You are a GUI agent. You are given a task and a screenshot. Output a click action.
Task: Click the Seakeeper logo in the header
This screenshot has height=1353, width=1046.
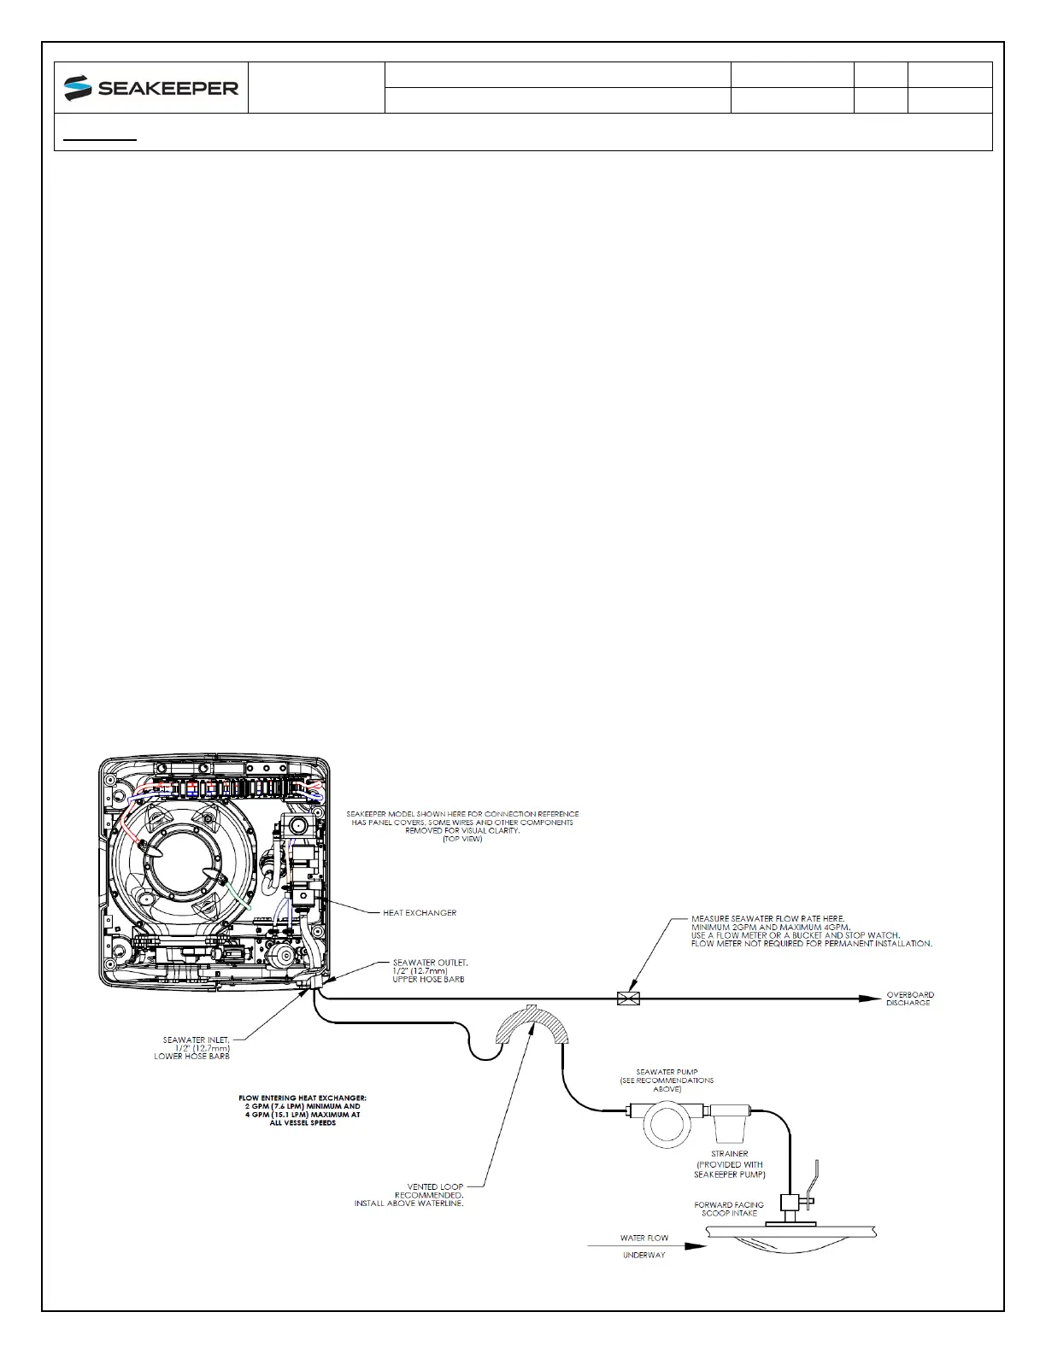tap(151, 87)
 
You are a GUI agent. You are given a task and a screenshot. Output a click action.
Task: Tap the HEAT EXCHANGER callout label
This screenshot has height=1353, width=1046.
tap(420, 912)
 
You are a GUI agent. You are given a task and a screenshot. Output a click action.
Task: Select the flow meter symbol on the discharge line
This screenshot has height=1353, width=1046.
tap(628, 998)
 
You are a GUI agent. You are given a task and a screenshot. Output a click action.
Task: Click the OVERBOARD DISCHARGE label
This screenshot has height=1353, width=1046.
tap(909, 999)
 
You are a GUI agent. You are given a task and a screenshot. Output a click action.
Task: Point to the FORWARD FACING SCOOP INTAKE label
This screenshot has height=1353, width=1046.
tap(729, 1209)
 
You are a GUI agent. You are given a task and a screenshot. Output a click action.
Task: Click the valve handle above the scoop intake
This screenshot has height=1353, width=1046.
tap(815, 1174)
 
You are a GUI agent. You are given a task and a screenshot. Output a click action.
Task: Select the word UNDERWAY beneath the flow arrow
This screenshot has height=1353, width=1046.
tap(643, 1256)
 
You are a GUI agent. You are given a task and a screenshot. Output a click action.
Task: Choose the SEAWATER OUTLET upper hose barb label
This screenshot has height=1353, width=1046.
tap(430, 970)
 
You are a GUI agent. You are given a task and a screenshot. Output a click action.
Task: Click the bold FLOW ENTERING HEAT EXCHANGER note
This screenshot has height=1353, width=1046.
tap(303, 1110)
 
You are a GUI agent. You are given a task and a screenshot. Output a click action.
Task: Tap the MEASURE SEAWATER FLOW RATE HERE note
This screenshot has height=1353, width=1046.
tap(811, 931)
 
